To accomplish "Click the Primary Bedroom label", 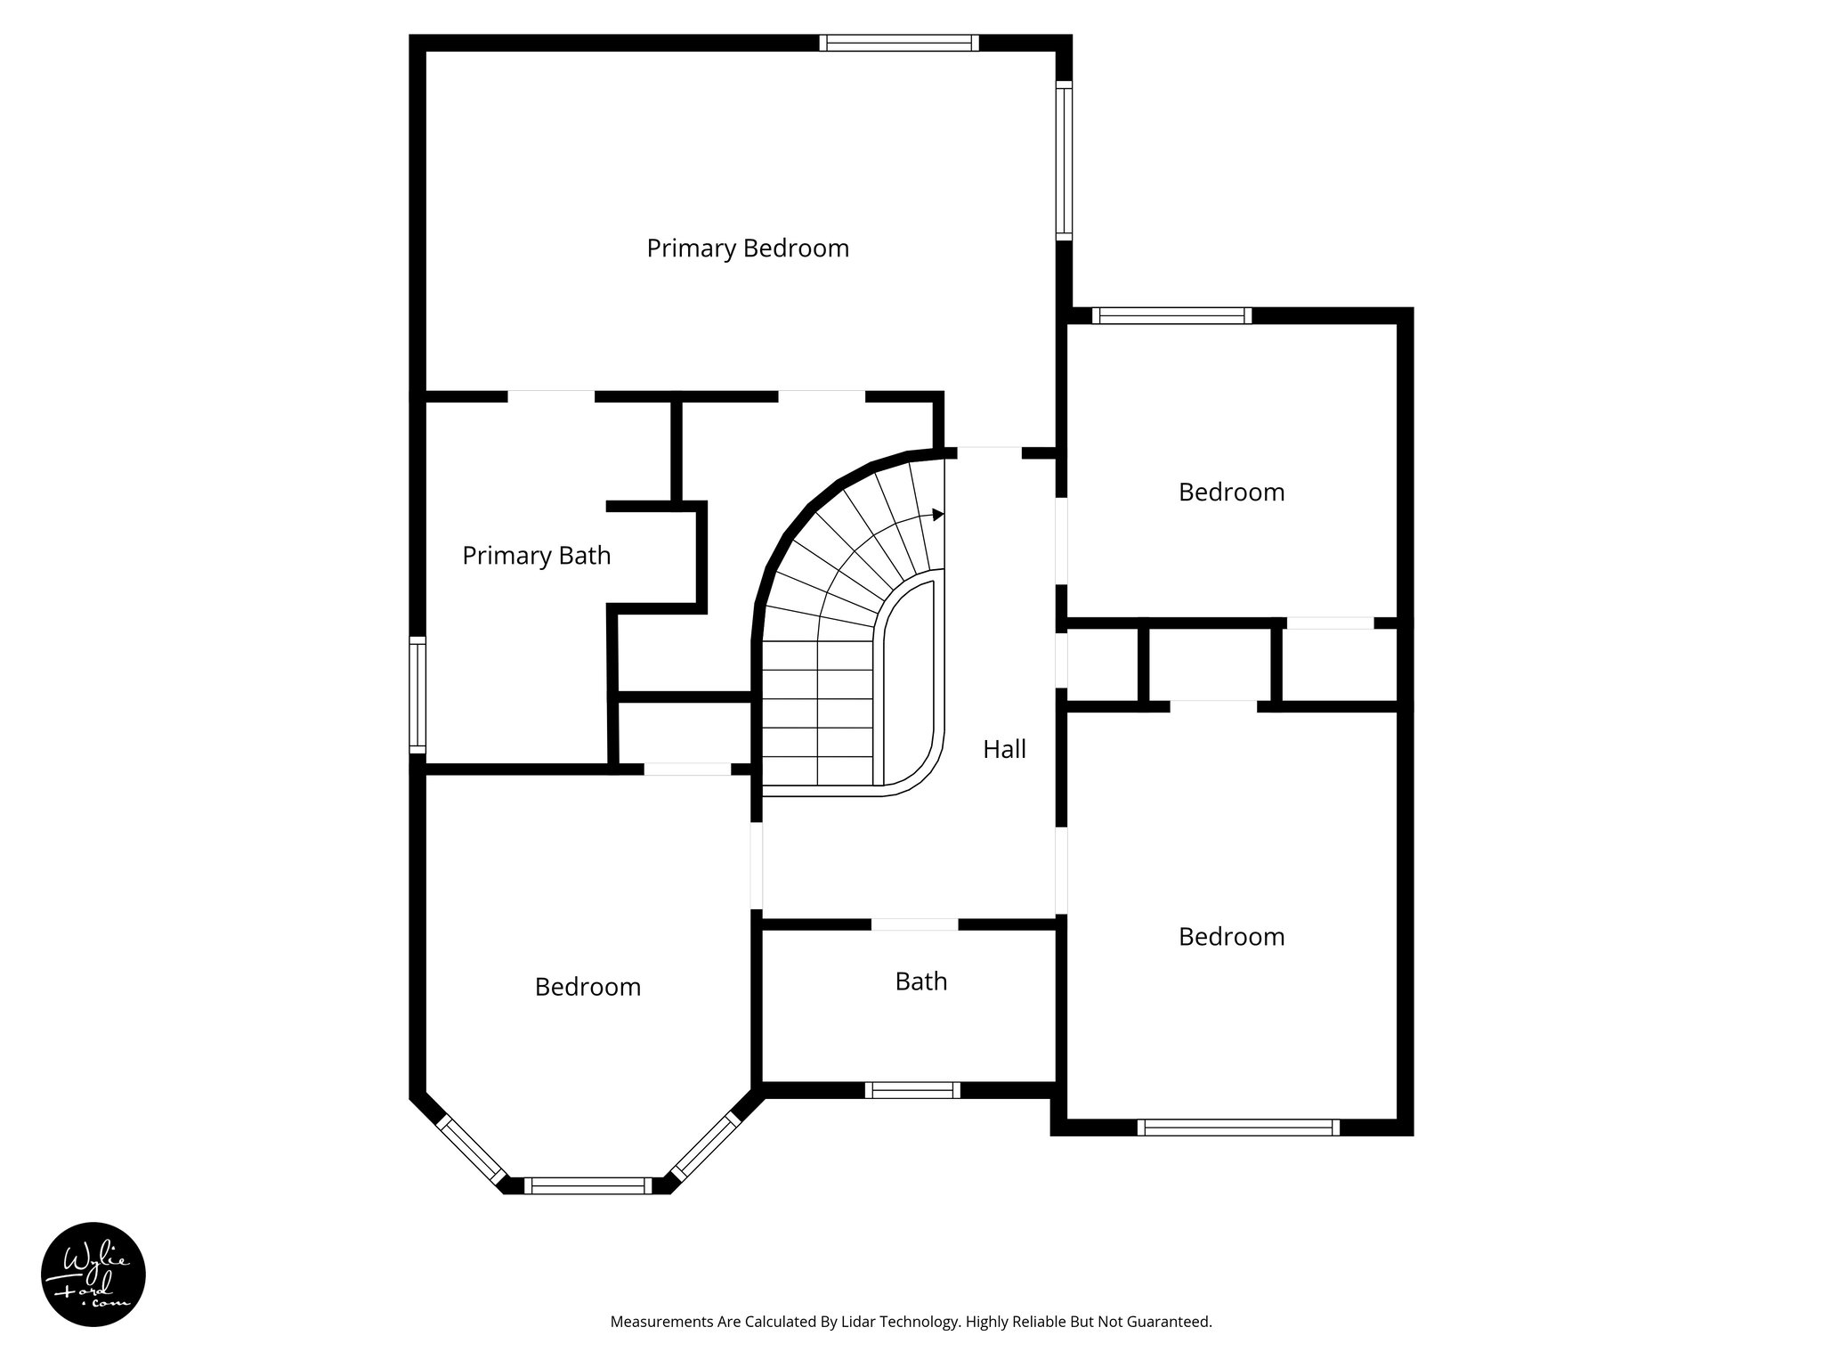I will coord(748,248).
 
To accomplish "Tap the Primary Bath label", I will coord(536,556).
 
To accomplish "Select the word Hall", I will coord(1004,750).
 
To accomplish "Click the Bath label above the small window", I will coord(920,981).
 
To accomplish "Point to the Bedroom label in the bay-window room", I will coord(587,987).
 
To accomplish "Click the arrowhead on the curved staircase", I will coord(937,515).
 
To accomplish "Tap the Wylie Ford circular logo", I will coord(93,1274).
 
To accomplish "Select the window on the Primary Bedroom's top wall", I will coord(899,43).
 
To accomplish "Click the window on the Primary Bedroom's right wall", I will coord(1064,160).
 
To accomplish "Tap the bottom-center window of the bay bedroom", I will coord(587,1185).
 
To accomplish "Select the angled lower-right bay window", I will coord(704,1148).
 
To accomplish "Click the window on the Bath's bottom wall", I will coord(912,1090).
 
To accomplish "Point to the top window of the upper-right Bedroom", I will coord(1171,315).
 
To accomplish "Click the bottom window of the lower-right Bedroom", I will coord(1238,1128).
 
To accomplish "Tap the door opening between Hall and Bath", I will coord(914,924).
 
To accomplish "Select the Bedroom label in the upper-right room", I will coord(1231,493).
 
